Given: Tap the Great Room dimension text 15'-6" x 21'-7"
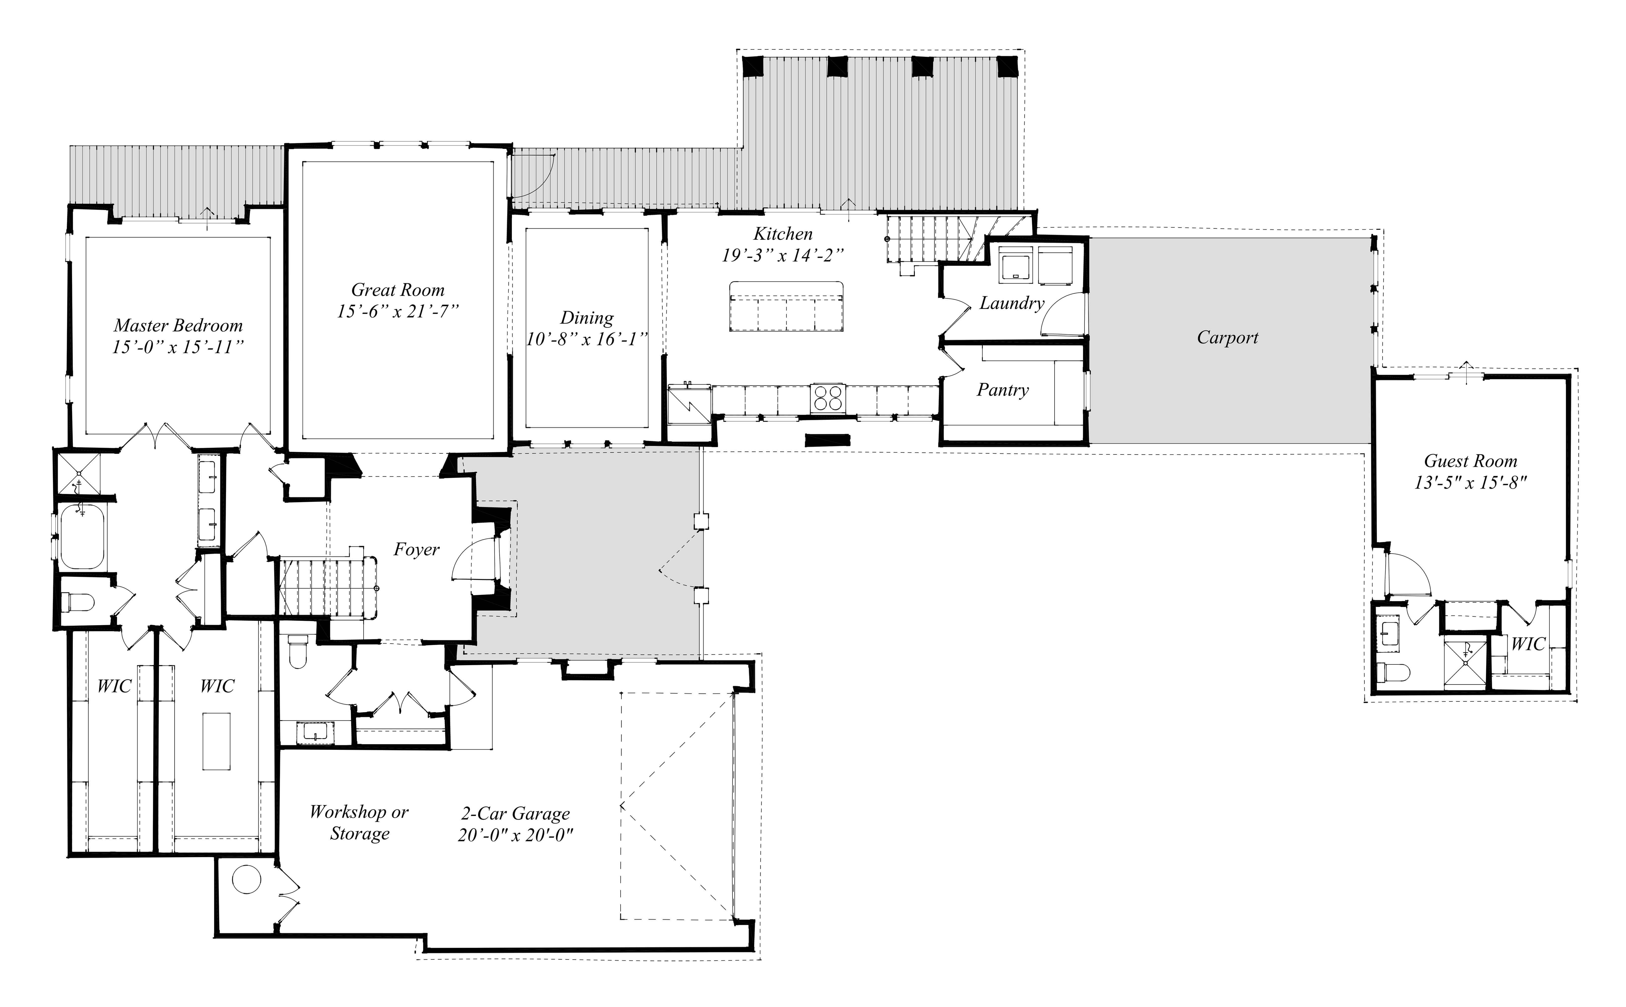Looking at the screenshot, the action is (x=398, y=311).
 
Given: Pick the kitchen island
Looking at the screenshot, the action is (x=786, y=306).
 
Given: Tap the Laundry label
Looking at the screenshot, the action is (x=1012, y=304).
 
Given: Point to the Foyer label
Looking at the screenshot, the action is (x=417, y=550).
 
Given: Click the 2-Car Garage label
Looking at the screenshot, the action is (x=516, y=814).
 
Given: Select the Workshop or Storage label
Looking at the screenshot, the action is (x=359, y=822).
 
